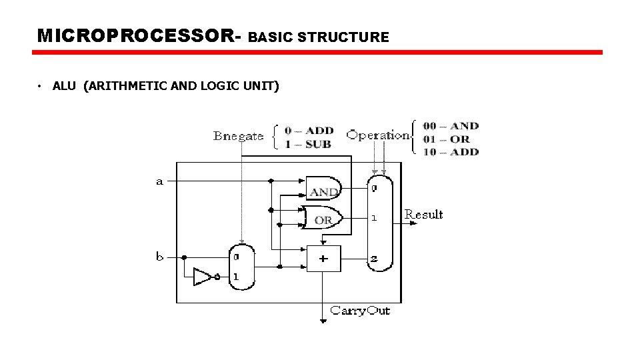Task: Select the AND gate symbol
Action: pyautogui.click(x=323, y=189)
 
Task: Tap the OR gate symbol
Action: pyautogui.click(x=323, y=218)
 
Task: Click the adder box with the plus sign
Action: pyautogui.click(x=323, y=259)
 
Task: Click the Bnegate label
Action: pyautogui.click(x=238, y=136)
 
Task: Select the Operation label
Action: pyautogui.click(x=377, y=135)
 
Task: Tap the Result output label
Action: pyautogui.click(x=424, y=214)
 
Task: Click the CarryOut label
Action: pyautogui.click(x=360, y=311)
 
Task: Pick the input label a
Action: pyautogui.click(x=159, y=181)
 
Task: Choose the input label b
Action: pyautogui.click(x=160, y=256)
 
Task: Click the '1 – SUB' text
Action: pyautogui.click(x=308, y=144)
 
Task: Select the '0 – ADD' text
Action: pyautogui.click(x=309, y=131)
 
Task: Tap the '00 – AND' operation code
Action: pyautogui.click(x=451, y=126)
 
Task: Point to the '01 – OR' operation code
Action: pyautogui.click(x=446, y=139)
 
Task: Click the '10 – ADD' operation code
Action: pyautogui.click(x=451, y=151)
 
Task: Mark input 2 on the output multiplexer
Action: pyautogui.click(x=374, y=259)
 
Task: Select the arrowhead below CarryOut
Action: pyautogui.click(x=323, y=321)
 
